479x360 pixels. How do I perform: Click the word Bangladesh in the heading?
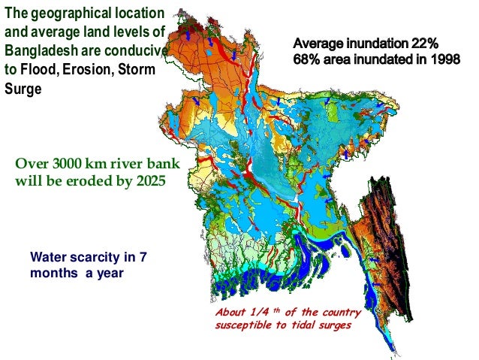pyautogui.click(x=41, y=51)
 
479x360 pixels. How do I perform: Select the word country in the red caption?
pyautogui.click(x=342, y=312)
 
